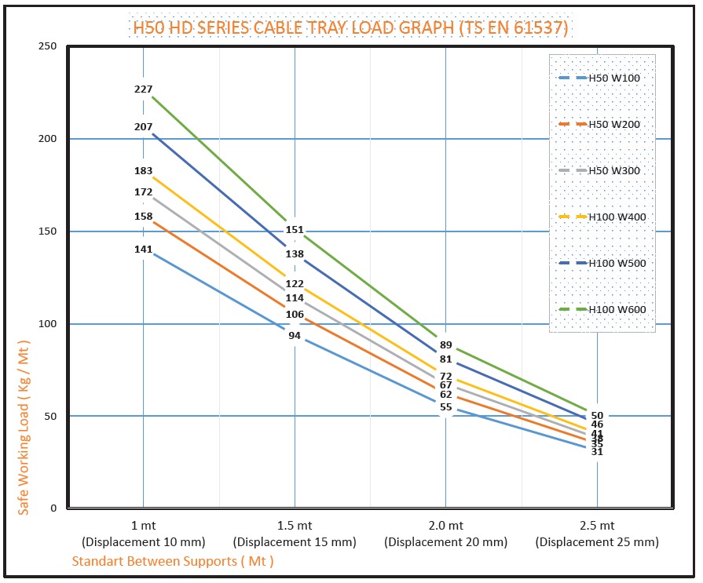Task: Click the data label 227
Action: click(143, 89)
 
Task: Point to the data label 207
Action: click(143, 126)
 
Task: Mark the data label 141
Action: click(143, 250)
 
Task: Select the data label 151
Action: click(295, 230)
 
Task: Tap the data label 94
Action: click(295, 336)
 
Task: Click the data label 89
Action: click(446, 345)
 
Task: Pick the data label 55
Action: click(446, 407)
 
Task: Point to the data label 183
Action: click(143, 171)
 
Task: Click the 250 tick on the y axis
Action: click(49, 46)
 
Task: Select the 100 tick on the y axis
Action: click(49, 323)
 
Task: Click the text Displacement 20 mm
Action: click(445, 542)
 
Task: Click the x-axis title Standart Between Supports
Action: click(172, 561)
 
